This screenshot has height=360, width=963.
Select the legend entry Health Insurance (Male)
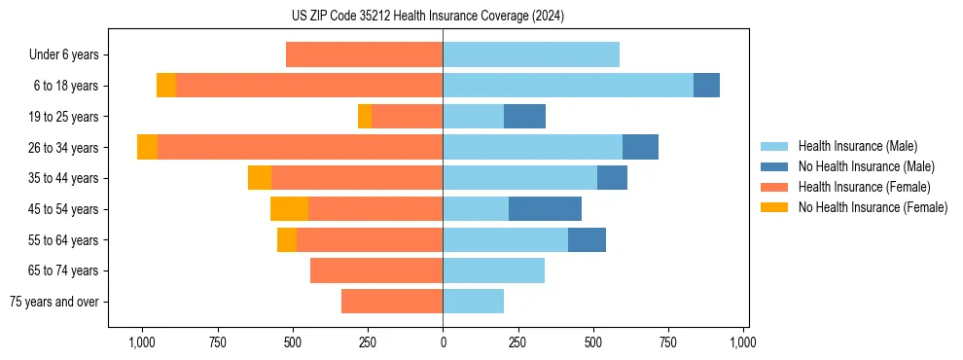point(857,146)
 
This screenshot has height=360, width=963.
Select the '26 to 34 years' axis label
point(63,148)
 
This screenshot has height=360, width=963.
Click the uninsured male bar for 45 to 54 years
point(545,209)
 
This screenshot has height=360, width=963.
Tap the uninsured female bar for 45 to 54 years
point(289,209)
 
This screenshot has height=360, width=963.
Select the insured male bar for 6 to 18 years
point(568,86)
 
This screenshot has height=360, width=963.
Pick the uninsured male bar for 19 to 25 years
point(524,117)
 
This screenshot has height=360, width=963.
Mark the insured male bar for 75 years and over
point(473,302)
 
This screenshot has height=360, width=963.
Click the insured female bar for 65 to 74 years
point(376,270)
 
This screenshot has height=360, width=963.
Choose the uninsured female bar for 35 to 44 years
point(259,178)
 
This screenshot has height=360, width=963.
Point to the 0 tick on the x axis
point(443,342)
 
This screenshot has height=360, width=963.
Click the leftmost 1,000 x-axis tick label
point(142,342)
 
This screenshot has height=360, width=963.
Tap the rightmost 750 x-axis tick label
point(668,342)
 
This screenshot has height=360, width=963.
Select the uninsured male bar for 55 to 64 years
point(587,240)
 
